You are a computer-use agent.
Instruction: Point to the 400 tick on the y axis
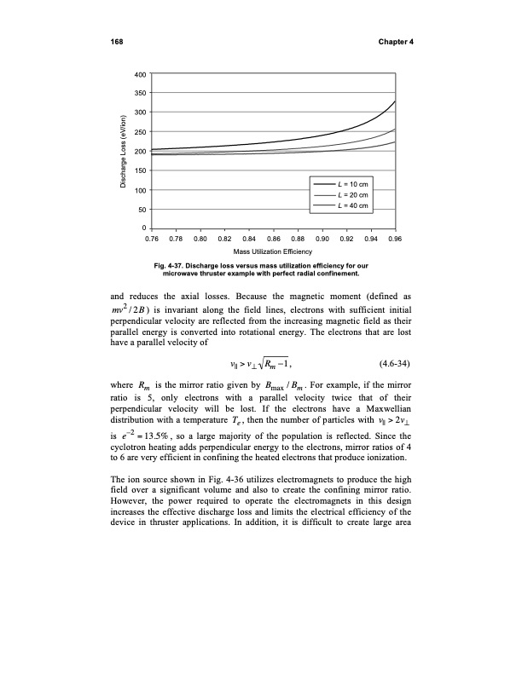coord(139,74)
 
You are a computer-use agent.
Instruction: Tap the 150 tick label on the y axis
coord(139,170)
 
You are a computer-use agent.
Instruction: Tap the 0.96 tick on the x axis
coord(394,239)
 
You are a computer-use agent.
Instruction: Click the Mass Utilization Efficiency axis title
coord(273,254)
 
